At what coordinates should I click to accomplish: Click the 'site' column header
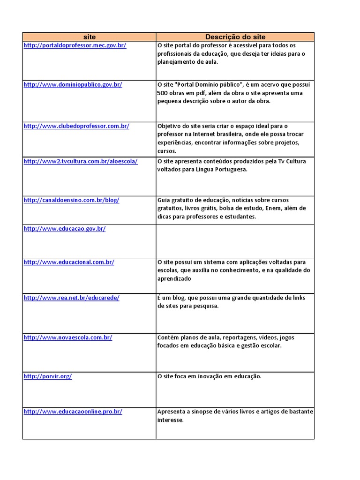click(89, 37)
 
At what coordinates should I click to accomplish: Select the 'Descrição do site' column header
click(235, 37)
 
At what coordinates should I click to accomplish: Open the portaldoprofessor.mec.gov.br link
click(75, 45)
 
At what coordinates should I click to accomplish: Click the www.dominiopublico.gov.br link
click(73, 85)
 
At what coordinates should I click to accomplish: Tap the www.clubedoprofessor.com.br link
click(76, 126)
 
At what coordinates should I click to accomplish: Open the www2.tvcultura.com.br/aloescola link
click(81, 161)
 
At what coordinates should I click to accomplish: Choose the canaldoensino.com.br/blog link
click(71, 200)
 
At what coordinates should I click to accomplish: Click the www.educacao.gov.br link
click(65, 229)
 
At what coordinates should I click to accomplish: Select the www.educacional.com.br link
click(69, 262)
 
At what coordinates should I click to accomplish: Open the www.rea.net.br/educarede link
click(71, 298)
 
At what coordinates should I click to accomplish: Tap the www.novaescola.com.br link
click(68, 337)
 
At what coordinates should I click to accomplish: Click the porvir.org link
click(47, 376)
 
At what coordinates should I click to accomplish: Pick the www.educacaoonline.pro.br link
click(73, 412)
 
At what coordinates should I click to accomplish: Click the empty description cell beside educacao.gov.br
click(235, 241)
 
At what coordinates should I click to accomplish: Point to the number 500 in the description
click(163, 93)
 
